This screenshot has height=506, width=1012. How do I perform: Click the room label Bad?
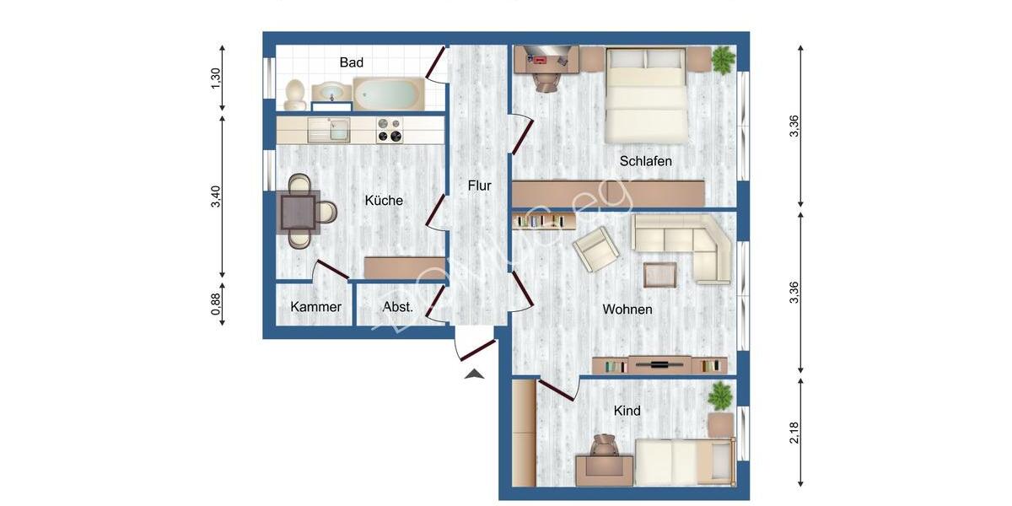pos(352,62)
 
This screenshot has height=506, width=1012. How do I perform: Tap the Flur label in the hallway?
pos(479,186)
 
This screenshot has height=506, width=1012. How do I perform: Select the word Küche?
pos(384,201)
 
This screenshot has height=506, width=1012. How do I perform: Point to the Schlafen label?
pos(645,160)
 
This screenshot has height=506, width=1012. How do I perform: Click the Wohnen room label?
pos(627,310)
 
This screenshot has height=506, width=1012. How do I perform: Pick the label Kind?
pos(627,411)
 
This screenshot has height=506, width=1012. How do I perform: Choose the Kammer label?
pos(315,307)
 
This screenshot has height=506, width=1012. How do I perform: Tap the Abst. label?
pos(398,307)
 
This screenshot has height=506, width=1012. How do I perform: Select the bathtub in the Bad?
pos(388,93)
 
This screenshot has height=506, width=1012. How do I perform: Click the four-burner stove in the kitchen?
pos(389,130)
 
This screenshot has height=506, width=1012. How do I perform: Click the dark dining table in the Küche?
pos(299,211)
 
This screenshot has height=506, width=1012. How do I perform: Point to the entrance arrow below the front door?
pos(475,374)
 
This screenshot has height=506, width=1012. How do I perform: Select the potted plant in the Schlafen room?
pos(723,60)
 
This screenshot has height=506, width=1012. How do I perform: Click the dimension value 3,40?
pos(216,196)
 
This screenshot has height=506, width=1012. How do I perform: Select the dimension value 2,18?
pos(794,433)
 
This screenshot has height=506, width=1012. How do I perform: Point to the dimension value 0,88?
pos(216,304)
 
